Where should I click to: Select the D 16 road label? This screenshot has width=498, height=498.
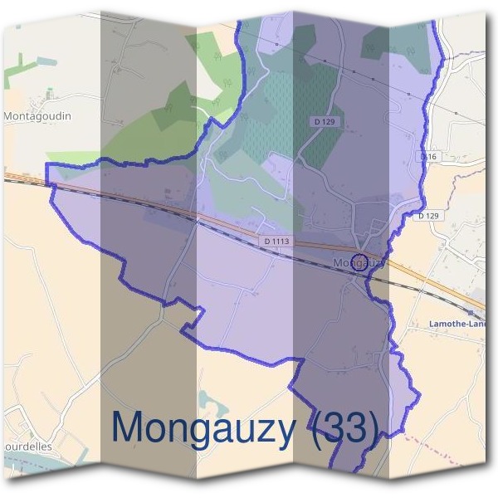pyautogui.click(x=428, y=157)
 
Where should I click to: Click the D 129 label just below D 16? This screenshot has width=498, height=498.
pyautogui.click(x=428, y=216)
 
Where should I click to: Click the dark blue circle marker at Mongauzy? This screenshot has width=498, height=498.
pyautogui.click(x=359, y=263)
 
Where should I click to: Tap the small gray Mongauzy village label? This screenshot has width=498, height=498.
pyautogui.click(x=359, y=263)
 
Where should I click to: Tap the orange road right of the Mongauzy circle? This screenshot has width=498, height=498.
pyautogui.click(x=415, y=278)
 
